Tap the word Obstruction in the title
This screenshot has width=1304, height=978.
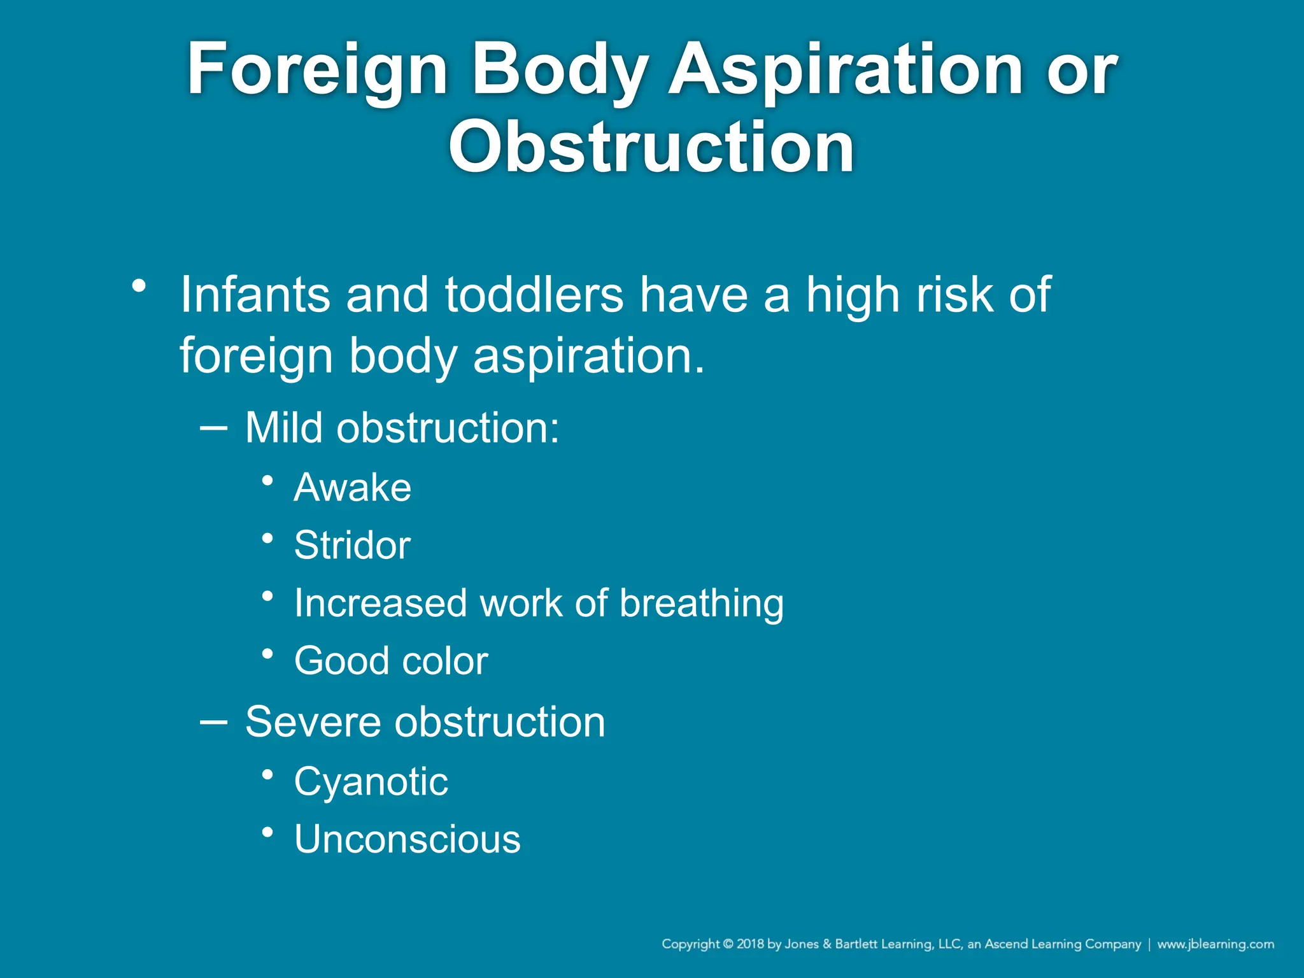point(651,148)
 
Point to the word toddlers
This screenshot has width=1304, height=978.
point(534,295)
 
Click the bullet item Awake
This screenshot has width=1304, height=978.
point(353,488)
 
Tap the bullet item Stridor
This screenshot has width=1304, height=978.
point(352,546)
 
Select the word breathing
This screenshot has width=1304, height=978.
point(701,604)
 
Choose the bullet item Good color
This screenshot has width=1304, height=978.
point(391,661)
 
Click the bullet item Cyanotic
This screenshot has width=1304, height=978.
point(371,782)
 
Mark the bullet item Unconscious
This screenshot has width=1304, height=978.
point(407,839)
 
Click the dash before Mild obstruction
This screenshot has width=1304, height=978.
point(213,429)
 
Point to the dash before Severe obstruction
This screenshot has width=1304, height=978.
point(213,722)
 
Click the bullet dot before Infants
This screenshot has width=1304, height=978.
point(139,286)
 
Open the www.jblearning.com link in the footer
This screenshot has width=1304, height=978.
point(1215,944)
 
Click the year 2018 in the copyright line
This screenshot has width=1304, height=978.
point(750,944)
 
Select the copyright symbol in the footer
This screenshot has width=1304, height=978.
point(728,944)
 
